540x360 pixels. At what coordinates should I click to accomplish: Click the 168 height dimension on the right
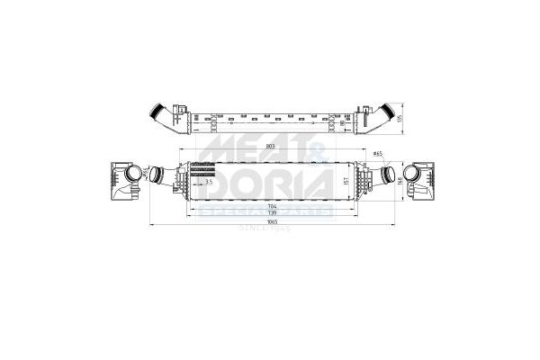click(x=398, y=178)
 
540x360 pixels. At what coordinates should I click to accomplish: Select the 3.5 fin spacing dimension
click(x=210, y=182)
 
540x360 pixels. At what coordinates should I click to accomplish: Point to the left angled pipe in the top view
click(x=161, y=115)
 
